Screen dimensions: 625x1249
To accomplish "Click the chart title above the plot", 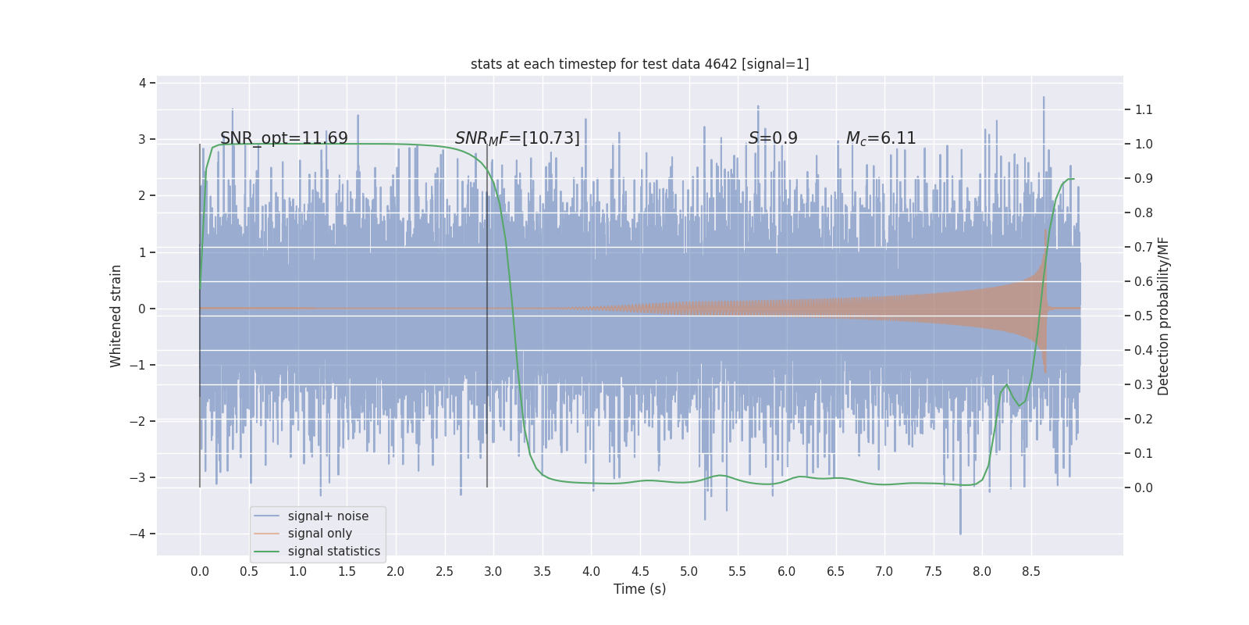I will pyautogui.click(x=639, y=64).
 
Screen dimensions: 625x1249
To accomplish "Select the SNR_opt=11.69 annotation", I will pyautogui.click(x=283, y=138).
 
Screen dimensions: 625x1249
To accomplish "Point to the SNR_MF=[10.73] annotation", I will pyautogui.click(x=517, y=138).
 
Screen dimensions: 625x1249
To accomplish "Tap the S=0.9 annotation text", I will pyautogui.click(x=772, y=138).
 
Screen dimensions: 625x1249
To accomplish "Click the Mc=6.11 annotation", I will pyautogui.click(x=881, y=138).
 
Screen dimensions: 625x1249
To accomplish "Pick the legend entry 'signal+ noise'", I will pyautogui.click(x=327, y=516).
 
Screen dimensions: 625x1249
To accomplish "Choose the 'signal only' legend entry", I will pyautogui.click(x=319, y=533).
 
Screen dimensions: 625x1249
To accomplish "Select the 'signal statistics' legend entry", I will pyautogui.click(x=333, y=551).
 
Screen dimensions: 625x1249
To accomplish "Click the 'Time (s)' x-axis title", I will pyautogui.click(x=639, y=588).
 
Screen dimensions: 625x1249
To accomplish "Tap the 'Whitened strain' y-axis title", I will pyautogui.click(x=116, y=316).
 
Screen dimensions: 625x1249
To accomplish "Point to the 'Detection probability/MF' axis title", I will pyautogui.click(x=1163, y=316).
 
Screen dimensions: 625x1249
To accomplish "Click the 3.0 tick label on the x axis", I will pyautogui.click(x=493, y=571).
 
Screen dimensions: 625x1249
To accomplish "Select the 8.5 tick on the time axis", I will pyautogui.click(x=1030, y=571).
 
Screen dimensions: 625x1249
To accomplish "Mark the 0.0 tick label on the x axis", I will pyautogui.click(x=200, y=571).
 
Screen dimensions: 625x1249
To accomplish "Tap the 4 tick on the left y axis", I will pyautogui.click(x=142, y=83).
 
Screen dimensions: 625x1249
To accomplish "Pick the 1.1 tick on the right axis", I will pyautogui.click(x=1143, y=109).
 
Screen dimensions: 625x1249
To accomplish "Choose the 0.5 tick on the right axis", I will pyautogui.click(x=1143, y=316).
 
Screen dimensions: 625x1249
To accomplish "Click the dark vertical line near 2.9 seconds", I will pyautogui.click(x=487, y=328).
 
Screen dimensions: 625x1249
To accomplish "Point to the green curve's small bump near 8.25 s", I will pyautogui.click(x=1006, y=385).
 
